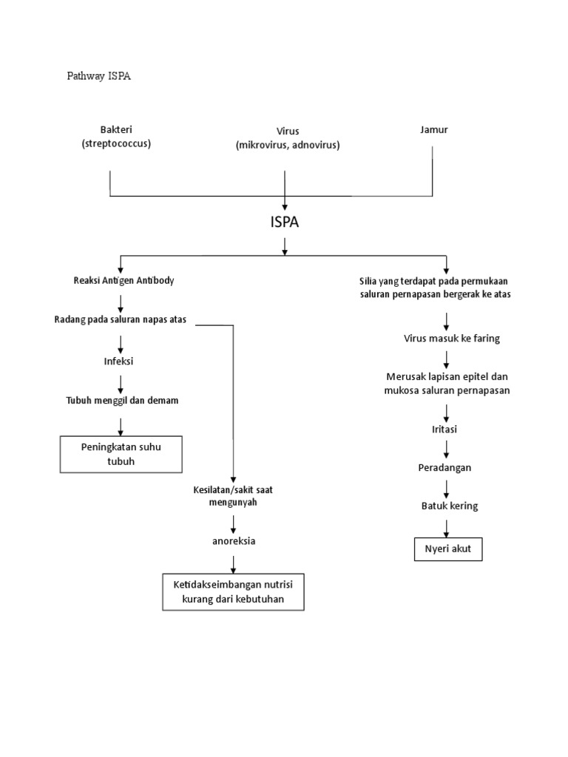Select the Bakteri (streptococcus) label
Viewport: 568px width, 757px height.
click(x=116, y=137)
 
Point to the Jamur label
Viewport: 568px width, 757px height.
click(x=433, y=130)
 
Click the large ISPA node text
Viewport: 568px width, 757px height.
click(x=285, y=223)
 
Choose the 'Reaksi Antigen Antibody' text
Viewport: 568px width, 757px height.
click(x=124, y=281)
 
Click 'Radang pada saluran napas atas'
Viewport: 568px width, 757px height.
click(x=121, y=319)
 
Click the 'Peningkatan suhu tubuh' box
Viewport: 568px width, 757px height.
click(x=121, y=454)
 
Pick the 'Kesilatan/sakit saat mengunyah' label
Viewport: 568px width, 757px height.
click(x=233, y=496)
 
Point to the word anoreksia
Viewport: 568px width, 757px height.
click(x=233, y=541)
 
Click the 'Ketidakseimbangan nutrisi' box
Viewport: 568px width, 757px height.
click(x=233, y=591)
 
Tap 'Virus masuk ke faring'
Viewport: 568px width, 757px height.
click(x=451, y=339)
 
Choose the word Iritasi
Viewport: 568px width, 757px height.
click(x=446, y=429)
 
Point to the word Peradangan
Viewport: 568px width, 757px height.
click(x=444, y=468)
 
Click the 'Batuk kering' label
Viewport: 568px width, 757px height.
click(x=450, y=506)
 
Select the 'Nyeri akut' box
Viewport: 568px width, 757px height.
click(x=448, y=550)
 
